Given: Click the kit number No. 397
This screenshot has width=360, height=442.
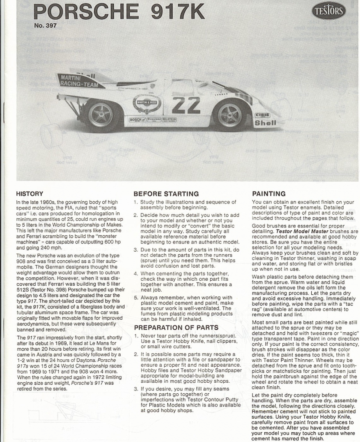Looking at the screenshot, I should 45,26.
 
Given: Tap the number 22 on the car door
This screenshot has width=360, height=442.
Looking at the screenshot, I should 186,105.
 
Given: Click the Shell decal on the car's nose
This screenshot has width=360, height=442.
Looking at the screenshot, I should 265,123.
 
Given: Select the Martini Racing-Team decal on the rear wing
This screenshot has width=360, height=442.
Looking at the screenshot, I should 79,80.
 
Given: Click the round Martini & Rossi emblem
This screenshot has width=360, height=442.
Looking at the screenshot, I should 147,103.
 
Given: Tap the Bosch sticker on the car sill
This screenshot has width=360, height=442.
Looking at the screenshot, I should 135,120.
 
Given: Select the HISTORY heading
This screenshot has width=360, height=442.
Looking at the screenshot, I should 29,194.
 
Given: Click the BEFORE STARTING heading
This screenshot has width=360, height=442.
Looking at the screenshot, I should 166,194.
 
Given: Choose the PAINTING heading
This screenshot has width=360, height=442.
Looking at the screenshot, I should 269,194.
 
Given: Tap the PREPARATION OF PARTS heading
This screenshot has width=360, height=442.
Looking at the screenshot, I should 176,327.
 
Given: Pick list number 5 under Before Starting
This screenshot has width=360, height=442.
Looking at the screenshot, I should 136,298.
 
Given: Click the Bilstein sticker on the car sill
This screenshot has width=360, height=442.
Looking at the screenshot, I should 169,119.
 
